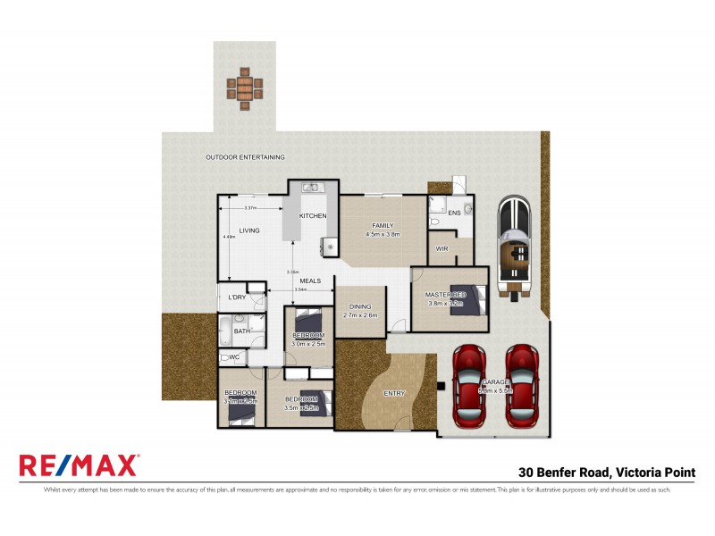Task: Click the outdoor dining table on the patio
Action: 245,88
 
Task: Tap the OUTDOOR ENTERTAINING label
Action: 245,157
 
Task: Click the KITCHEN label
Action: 312,216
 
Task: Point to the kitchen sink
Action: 311,188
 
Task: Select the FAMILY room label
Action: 383,226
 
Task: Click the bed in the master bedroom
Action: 472,299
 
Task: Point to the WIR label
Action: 442,247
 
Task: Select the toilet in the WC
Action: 224,358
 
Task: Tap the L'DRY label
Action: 237,297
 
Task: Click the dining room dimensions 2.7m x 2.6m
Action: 360,315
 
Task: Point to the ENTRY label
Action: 393,393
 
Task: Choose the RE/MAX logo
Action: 79,465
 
